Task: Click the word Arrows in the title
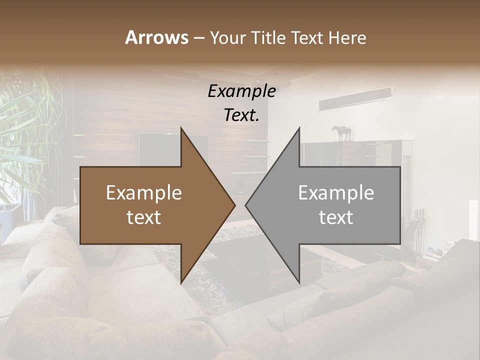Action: pyautogui.click(x=156, y=37)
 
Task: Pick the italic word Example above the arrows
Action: pyautogui.click(x=241, y=91)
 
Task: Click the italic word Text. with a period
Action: pyautogui.click(x=241, y=115)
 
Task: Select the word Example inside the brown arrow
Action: pyautogui.click(x=144, y=193)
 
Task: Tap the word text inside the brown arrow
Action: pyautogui.click(x=144, y=217)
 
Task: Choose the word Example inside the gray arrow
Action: pyautogui.click(x=336, y=193)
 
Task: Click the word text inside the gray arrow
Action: pyautogui.click(x=336, y=217)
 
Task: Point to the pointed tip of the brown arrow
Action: pyautogui.click(x=234, y=205)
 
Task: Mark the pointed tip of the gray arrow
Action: pyautogui.click(x=246, y=205)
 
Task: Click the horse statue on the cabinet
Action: pyautogui.click(x=342, y=133)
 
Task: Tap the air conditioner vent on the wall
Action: pyautogui.click(x=355, y=98)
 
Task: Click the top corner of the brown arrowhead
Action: pyautogui.click(x=181, y=128)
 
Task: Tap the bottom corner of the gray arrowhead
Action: pyautogui.click(x=299, y=282)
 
